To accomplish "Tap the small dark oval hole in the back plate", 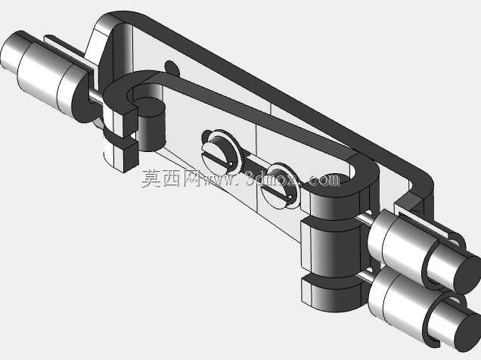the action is click(x=172, y=68).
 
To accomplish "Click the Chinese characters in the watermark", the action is click(x=171, y=178).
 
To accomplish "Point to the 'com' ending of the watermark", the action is click(x=324, y=180).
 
